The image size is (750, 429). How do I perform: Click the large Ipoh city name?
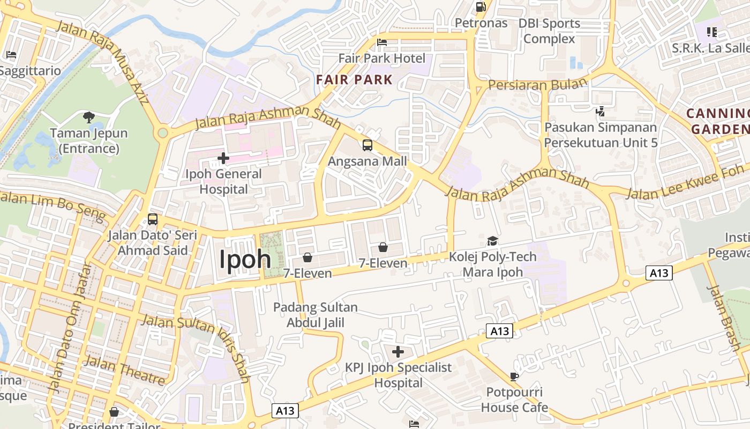pos(245,260)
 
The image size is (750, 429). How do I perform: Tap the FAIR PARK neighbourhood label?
pos(354,80)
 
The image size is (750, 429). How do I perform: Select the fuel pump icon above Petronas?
pos(481,7)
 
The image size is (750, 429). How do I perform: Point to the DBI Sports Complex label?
pos(549,31)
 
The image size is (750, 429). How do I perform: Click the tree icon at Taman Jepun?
pos(89,117)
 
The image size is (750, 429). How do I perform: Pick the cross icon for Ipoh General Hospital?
pos(223,158)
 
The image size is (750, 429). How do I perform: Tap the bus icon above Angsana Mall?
pos(367,145)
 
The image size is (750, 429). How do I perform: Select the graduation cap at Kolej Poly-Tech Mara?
pos(492,241)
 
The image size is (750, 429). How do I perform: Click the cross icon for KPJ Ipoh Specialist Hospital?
pos(398,352)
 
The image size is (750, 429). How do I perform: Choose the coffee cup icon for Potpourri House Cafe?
pos(514,376)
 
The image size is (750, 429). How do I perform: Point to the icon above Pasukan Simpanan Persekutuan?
pos(601,112)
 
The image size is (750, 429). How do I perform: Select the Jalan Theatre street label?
pos(124,370)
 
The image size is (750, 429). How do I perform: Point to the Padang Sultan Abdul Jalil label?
pos(315,315)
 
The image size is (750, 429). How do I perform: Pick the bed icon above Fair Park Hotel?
pos(382,42)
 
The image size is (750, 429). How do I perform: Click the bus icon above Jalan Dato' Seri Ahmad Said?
pos(153,219)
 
